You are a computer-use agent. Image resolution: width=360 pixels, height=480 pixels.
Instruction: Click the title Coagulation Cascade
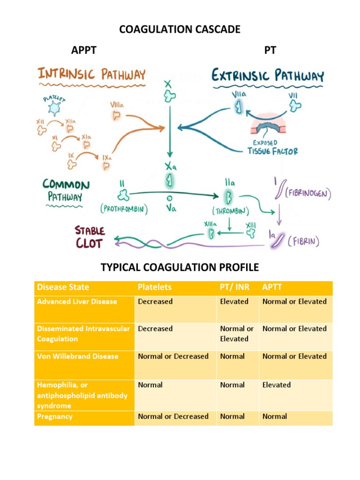[x=180, y=30]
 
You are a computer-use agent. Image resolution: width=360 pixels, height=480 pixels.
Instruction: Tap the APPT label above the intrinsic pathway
[x=84, y=50]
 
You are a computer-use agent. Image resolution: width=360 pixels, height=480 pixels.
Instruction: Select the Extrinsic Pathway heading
[x=268, y=75]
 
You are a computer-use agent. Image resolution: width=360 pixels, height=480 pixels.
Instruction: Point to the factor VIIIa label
[x=118, y=105]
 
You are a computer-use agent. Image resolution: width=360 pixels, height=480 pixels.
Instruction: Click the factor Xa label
[x=169, y=167]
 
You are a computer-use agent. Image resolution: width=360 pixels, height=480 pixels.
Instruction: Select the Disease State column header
[x=63, y=287]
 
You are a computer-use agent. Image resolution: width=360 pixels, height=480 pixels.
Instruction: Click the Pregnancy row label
[x=54, y=416]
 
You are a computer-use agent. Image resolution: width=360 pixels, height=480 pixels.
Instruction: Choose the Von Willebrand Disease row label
[x=77, y=356]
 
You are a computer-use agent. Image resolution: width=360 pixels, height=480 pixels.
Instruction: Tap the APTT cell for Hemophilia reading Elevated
[x=277, y=385]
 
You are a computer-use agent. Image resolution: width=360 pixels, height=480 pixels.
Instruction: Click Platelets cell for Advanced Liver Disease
[x=155, y=301]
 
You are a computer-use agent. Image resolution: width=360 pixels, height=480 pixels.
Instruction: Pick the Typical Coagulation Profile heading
[x=180, y=268]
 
